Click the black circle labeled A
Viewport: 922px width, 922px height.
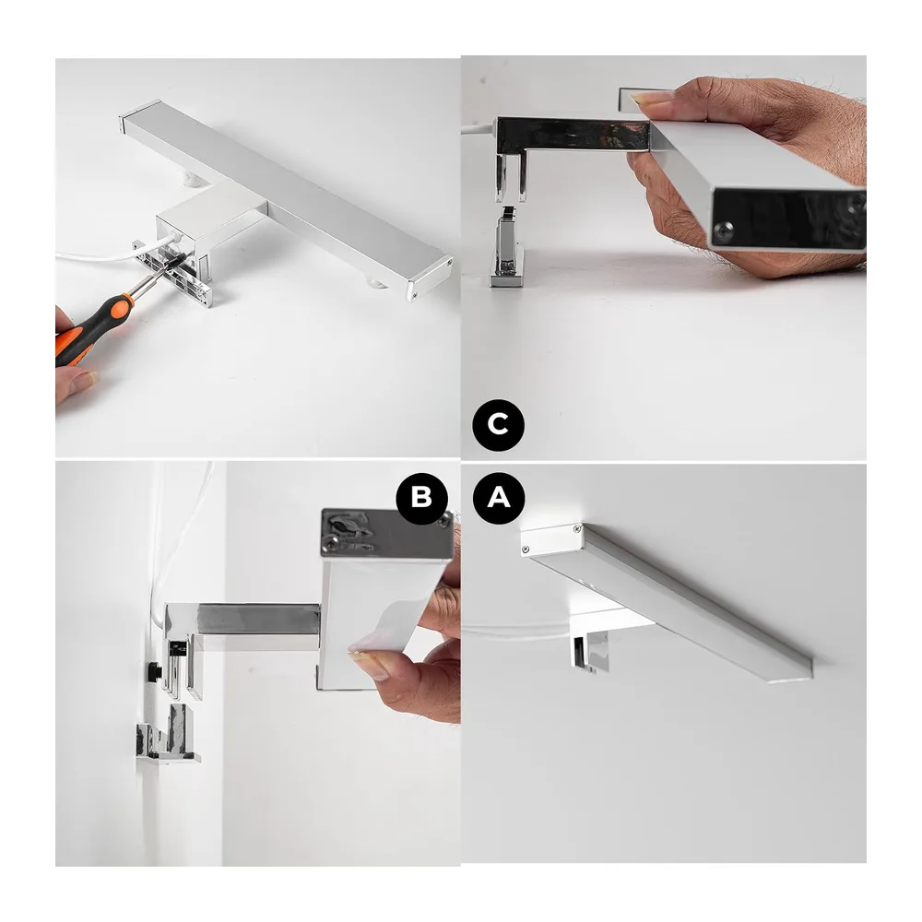(499, 498)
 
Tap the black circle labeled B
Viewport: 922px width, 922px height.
(421, 498)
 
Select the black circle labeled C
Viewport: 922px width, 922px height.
(498, 424)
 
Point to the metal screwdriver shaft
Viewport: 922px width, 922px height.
(151, 279)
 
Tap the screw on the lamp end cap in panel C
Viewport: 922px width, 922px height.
(725, 229)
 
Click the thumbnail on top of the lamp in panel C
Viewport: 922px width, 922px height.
(653, 98)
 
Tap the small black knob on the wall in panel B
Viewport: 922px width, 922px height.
(155, 670)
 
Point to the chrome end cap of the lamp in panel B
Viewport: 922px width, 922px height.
(387, 532)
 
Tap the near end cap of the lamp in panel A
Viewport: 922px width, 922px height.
(551, 538)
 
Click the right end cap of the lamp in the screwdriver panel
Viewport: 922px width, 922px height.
(430, 278)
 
